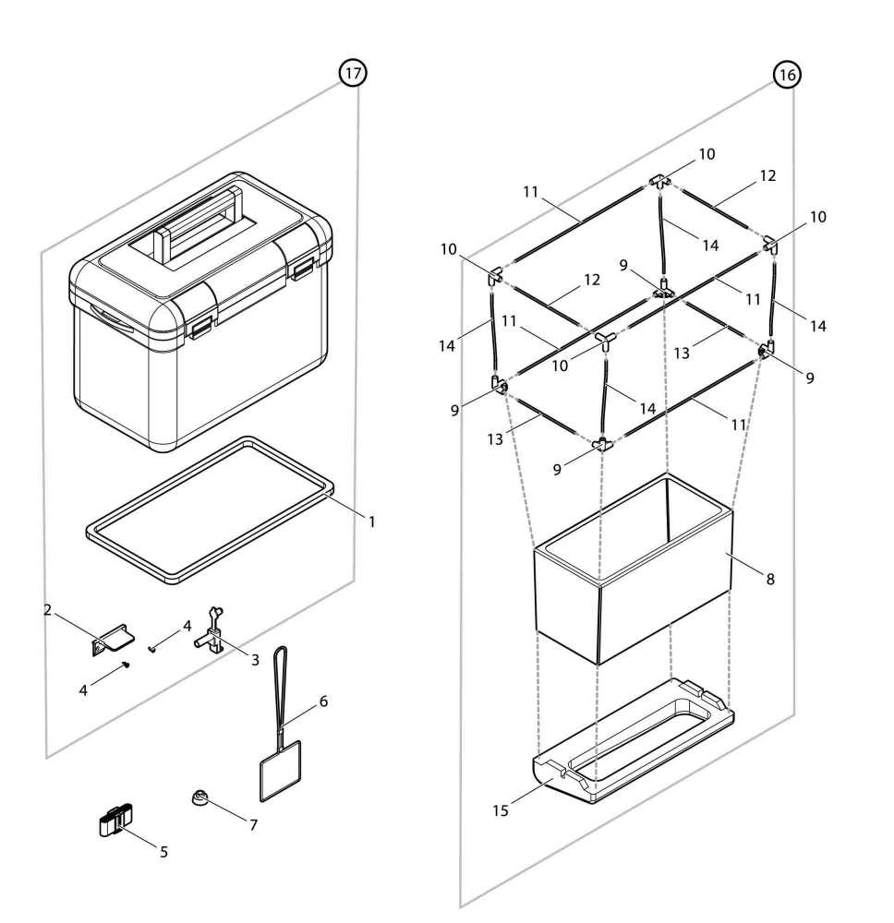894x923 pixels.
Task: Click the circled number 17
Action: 353,73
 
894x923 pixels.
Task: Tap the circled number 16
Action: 787,76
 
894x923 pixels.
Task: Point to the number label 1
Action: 372,521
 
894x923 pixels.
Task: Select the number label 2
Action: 47,609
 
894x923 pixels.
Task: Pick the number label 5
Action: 163,851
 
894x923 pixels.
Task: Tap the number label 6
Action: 323,701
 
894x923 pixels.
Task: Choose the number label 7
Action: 253,824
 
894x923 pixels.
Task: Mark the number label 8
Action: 769,579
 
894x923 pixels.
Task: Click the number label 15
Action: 500,810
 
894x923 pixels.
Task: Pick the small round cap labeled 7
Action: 199,797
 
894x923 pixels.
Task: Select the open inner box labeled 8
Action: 633,591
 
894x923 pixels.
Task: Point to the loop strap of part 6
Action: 280,683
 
